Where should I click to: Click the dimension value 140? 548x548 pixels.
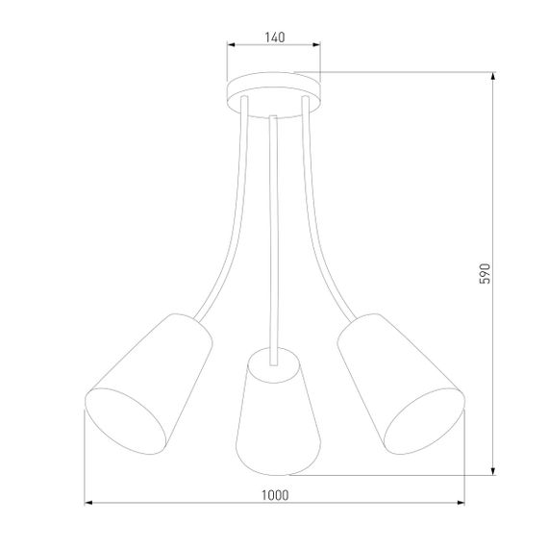click(274, 37)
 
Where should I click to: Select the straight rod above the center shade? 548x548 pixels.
click(274, 231)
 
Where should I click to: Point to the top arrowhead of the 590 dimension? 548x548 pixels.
click(493, 78)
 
